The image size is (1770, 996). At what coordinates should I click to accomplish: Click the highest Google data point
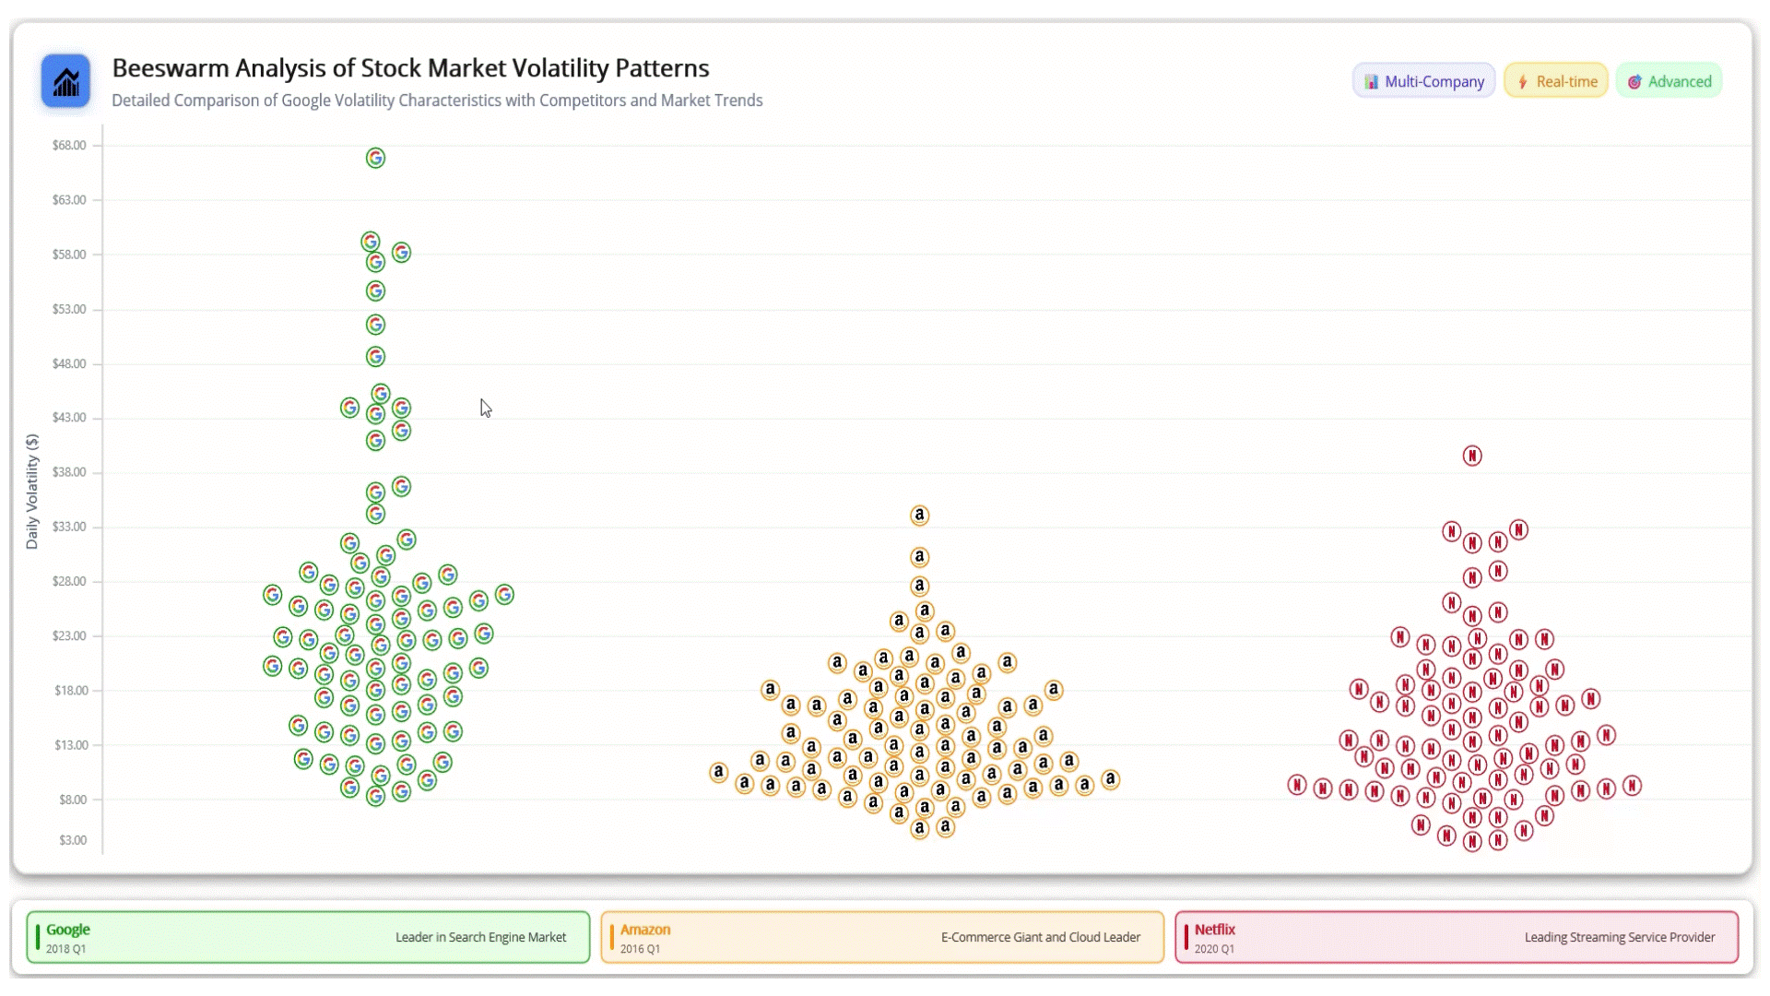coord(375,159)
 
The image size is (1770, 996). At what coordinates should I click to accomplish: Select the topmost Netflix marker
coord(1472,456)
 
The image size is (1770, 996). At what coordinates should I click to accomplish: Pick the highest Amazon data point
coord(919,516)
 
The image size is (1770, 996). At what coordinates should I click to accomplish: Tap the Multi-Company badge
coord(1423,81)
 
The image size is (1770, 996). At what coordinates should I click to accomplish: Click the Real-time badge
coord(1556,81)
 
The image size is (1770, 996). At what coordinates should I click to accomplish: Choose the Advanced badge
coord(1669,81)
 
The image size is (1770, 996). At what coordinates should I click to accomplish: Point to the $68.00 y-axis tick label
coord(69,146)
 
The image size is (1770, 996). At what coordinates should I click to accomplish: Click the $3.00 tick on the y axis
coord(73,840)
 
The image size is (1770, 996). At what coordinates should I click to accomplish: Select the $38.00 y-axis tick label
coord(69,472)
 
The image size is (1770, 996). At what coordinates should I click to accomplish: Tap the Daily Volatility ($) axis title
coord(32,492)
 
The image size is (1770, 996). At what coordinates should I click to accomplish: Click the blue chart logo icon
coord(65,81)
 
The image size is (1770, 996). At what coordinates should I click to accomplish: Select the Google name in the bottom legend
coord(68,930)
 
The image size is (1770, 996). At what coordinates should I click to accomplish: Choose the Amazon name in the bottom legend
coord(645,930)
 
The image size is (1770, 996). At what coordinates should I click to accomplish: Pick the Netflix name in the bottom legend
coord(1215,930)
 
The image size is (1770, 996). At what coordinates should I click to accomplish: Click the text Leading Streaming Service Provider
coord(1620,937)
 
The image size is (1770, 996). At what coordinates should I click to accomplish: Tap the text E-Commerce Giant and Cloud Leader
coord(1041,937)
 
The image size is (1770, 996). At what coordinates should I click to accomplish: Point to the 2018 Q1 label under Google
coord(65,949)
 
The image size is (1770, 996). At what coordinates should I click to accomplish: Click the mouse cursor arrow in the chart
coord(485,408)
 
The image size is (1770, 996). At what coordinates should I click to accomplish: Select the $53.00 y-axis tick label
coord(69,309)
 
